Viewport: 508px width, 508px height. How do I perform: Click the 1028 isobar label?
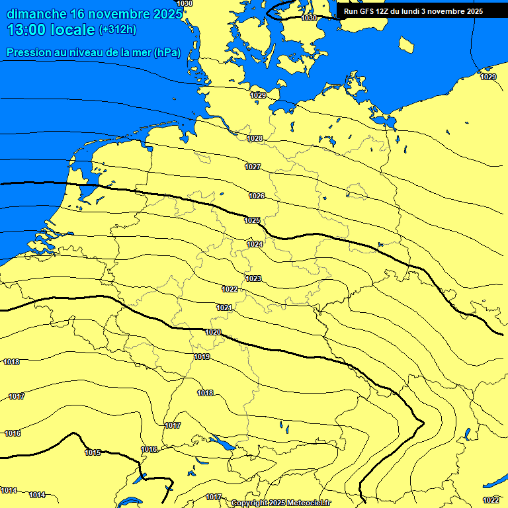255,138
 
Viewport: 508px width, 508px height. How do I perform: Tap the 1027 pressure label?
253,167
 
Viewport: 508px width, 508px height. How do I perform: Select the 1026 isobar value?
257,196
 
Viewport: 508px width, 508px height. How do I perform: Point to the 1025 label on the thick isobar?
252,220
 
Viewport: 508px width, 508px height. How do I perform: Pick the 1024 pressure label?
255,244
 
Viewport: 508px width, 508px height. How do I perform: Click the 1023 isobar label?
253,278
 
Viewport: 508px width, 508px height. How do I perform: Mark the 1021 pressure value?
224,308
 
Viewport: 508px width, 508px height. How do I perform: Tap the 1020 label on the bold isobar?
213,332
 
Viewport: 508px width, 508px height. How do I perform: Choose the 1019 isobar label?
202,357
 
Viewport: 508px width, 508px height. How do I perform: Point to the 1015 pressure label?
93,452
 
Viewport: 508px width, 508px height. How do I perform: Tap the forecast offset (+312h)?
117,30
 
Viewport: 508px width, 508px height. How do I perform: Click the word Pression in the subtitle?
28,53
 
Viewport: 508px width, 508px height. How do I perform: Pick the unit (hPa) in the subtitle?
167,53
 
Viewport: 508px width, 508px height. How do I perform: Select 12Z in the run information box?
385,11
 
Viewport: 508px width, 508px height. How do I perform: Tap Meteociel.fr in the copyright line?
310,503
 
